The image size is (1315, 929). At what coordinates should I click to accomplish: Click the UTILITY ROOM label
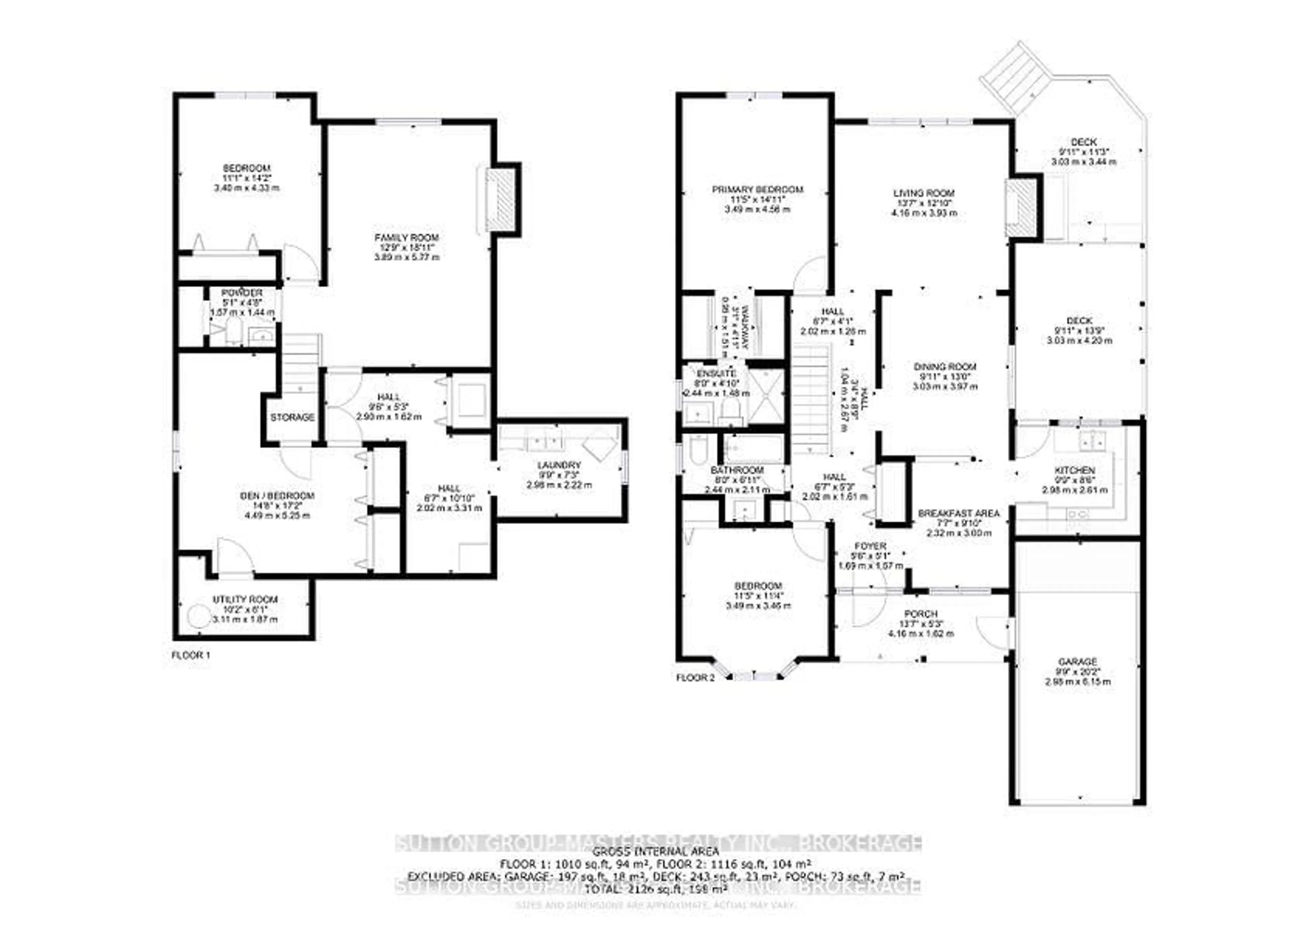245,599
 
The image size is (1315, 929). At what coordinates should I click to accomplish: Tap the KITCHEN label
1075,471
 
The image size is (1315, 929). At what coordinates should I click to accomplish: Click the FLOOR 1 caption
191,656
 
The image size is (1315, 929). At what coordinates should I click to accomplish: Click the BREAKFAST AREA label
958,513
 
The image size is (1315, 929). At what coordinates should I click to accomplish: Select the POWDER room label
242,293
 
